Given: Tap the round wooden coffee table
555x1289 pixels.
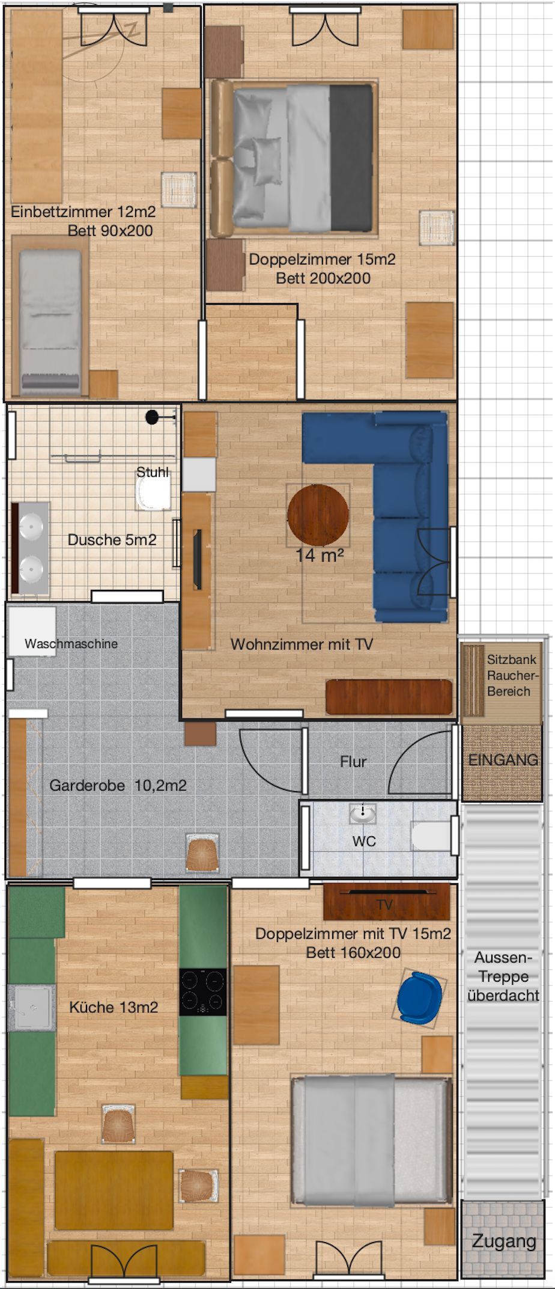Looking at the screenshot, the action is pos(318,515).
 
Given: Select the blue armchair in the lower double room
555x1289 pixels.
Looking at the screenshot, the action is pos(419,997).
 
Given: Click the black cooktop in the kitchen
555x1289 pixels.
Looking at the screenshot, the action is pos(203,991).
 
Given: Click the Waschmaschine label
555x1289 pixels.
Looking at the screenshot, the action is pos(71,643).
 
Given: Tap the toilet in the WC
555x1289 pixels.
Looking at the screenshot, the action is pos(431,836).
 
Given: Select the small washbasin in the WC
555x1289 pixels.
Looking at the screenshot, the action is pos(363,814).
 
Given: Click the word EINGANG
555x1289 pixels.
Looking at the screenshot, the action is pos(503,760).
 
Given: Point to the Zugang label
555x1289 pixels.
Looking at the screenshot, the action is pos(503,1241).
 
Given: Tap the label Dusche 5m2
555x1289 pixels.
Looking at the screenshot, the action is pos(112,540).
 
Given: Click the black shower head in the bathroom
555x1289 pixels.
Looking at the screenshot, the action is pos(153,417).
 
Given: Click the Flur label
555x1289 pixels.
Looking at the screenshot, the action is pos(353,762).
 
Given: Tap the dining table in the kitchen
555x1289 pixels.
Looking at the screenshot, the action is pos(114,1190).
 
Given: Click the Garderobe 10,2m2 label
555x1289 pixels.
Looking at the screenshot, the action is pos(118,785).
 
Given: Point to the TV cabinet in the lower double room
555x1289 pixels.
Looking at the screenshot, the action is pos(386,902).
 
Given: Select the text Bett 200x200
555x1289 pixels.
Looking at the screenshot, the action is pos(323,278).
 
